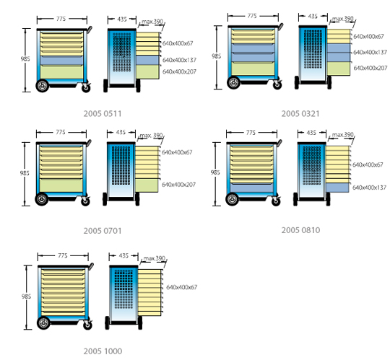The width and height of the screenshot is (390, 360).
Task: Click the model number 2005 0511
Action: click(103, 114)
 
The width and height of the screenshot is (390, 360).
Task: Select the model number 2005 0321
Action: click(300, 114)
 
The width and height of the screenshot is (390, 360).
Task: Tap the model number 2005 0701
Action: click(103, 231)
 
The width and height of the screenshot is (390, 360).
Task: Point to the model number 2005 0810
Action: click(300, 230)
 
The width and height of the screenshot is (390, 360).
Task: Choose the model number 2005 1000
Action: click(103, 351)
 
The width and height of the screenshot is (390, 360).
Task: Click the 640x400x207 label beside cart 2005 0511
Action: click(179, 72)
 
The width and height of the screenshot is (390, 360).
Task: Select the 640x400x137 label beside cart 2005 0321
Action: click(370, 53)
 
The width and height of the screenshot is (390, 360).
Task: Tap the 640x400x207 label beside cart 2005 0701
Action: click(178, 185)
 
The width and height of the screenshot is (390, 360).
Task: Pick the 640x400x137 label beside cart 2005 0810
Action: click(369, 188)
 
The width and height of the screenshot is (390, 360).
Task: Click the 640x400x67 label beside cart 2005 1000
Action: click(181, 287)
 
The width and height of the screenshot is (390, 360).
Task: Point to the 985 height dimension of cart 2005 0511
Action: click(25, 59)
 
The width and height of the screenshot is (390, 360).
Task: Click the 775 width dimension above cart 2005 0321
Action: click(252, 16)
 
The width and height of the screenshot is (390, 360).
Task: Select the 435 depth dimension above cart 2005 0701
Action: click(121, 132)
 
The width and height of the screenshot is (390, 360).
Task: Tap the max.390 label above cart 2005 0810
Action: click(343, 135)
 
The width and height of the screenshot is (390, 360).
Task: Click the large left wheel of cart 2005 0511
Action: click(43, 86)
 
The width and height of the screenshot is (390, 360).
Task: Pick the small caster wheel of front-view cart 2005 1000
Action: click(87, 325)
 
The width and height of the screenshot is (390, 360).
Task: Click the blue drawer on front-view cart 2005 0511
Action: click(61, 61)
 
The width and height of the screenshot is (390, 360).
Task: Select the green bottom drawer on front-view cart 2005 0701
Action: click(61, 185)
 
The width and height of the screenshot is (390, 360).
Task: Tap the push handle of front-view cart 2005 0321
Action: click(280, 26)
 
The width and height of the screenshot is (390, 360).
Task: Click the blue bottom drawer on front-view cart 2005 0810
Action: click(252, 188)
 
